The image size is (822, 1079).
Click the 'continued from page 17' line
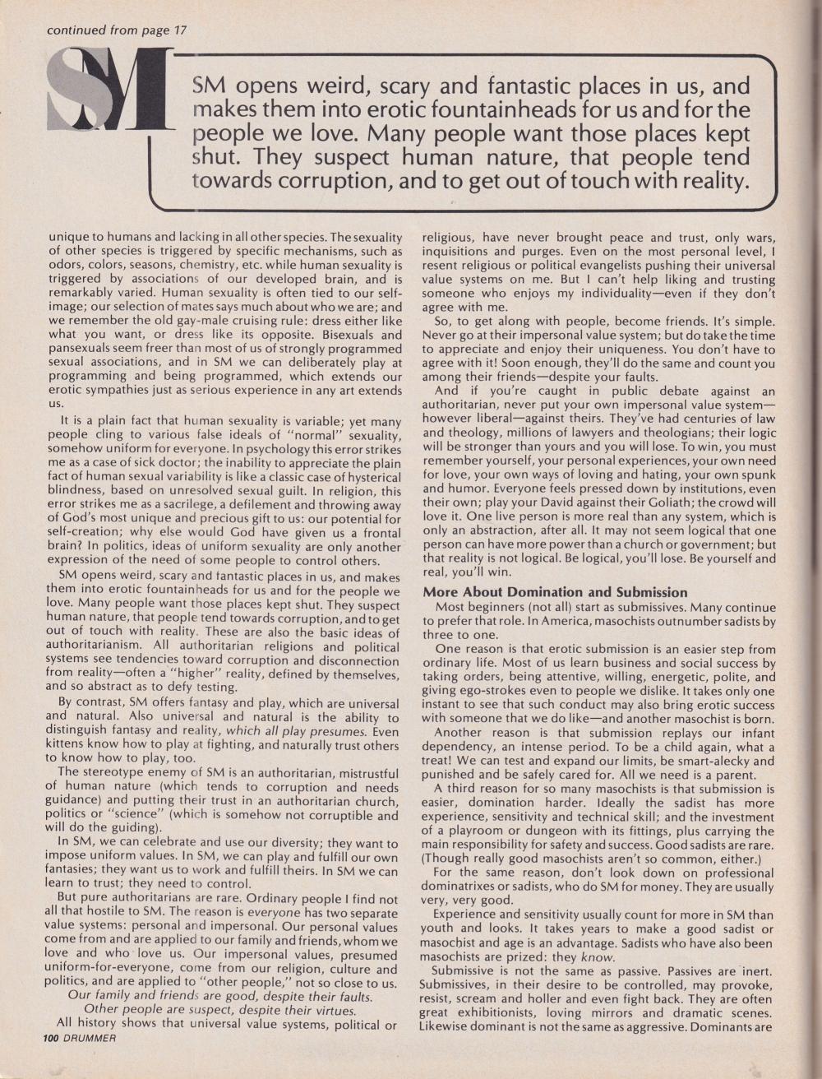coord(118,30)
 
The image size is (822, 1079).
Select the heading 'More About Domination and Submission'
coord(555,591)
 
